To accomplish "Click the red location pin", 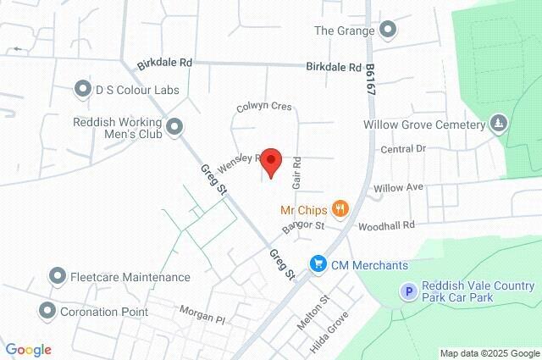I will click(270, 161).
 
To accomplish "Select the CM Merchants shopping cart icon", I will click(318, 265).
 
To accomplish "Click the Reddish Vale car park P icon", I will click(408, 292).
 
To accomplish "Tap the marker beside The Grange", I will click(388, 30).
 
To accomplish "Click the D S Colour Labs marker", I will click(83, 88).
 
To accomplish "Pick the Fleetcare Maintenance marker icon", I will click(58, 276).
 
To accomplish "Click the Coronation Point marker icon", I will click(47, 311).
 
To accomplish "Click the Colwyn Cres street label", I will click(263, 107).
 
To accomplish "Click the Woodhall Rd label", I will click(386, 225).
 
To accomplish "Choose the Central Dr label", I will click(401, 149).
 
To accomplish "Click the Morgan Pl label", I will click(202, 314).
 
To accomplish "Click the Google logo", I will click(28, 349).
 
